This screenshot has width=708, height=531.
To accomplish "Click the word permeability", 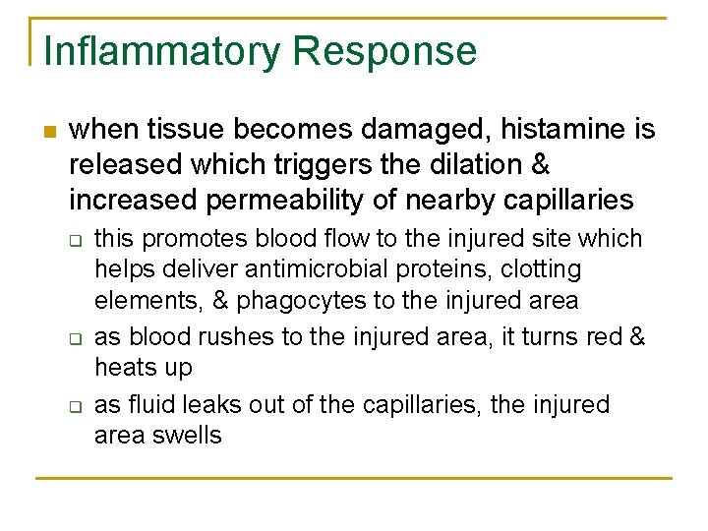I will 300,200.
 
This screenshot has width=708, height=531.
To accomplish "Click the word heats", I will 123,368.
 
